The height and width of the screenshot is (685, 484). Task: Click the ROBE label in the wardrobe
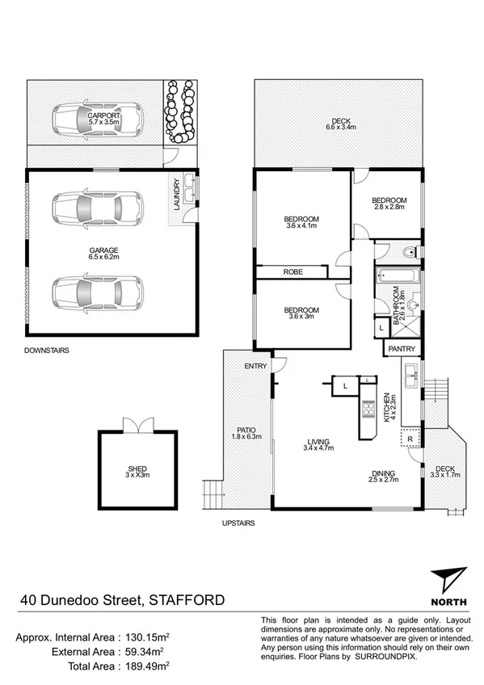293,272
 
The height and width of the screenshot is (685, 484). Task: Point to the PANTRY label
402,349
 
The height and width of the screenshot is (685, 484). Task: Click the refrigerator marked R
410,439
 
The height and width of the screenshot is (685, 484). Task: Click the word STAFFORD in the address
185,600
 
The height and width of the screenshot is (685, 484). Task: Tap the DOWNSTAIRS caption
46,351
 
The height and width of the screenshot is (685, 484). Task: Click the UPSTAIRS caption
238,523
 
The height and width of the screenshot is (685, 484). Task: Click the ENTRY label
255,367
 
